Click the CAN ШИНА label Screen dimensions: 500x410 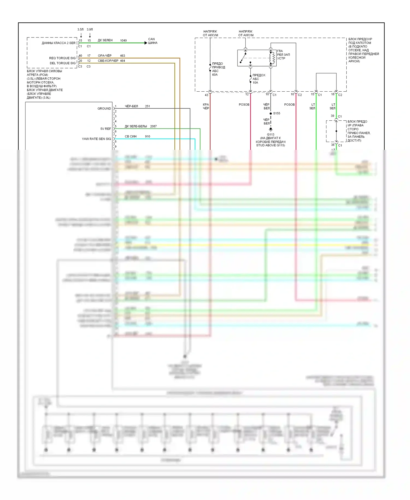pos(153,41)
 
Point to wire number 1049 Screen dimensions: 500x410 pos(123,40)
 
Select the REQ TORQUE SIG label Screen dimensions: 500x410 pos(62,58)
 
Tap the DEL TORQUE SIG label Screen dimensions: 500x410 pos(63,63)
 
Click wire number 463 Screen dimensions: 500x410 pos(122,56)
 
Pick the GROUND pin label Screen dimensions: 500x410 pos(104,109)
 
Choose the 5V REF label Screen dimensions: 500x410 pos(106,129)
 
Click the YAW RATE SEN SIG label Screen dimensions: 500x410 pos(96,139)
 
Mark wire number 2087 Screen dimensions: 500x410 pos(153,126)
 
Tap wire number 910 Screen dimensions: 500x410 pos(148,136)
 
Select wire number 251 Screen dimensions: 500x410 pos(148,106)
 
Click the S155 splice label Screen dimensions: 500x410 pos(277,113)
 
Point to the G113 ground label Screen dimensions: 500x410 pos(271,134)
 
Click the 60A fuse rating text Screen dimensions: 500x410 pos(215,75)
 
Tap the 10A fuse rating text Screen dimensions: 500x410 pos(255,83)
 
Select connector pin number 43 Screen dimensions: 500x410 pos(206,95)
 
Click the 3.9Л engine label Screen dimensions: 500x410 pos(90,29)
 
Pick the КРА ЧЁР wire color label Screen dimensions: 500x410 pos(206,106)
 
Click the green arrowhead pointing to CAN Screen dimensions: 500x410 pos(146,43)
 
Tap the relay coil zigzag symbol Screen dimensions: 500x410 pos(272,58)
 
